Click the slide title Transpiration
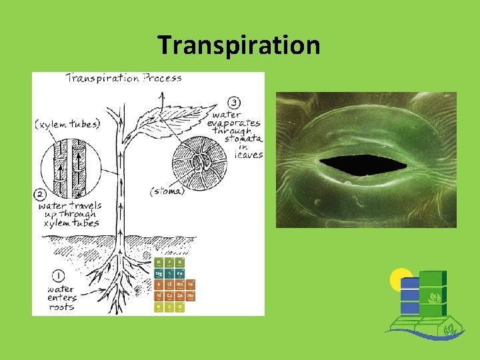coord(239,45)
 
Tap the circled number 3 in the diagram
coord(234,102)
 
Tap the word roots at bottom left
coord(61,307)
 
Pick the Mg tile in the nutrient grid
coord(159,273)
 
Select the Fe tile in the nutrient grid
coord(190,284)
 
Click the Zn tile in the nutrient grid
coord(180,295)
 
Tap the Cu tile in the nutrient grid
coord(169,295)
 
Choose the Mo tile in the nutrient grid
coord(190,295)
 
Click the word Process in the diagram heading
coord(164,78)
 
